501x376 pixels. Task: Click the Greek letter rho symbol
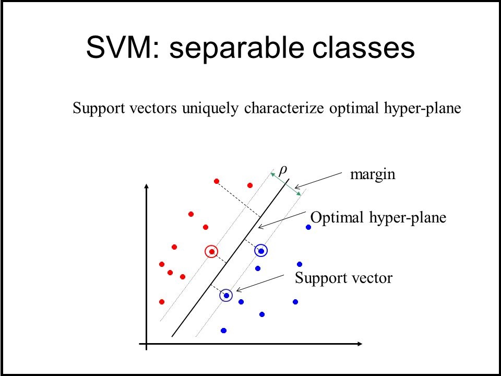pyautogui.click(x=283, y=170)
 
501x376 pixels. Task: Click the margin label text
pyautogui.click(x=373, y=175)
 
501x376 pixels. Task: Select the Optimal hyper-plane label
pyautogui.click(x=378, y=217)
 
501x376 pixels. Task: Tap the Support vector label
pyautogui.click(x=343, y=278)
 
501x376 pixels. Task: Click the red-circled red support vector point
pyautogui.click(x=211, y=252)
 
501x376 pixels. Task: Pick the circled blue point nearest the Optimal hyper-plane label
pyautogui.click(x=261, y=251)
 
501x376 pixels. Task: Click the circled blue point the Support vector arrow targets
pyautogui.click(x=226, y=296)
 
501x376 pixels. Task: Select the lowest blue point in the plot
pyautogui.click(x=223, y=330)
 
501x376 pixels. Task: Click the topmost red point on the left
pyautogui.click(x=216, y=181)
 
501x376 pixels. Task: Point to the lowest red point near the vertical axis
pyautogui.click(x=162, y=302)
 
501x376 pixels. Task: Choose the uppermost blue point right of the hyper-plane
pyautogui.click(x=308, y=227)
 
